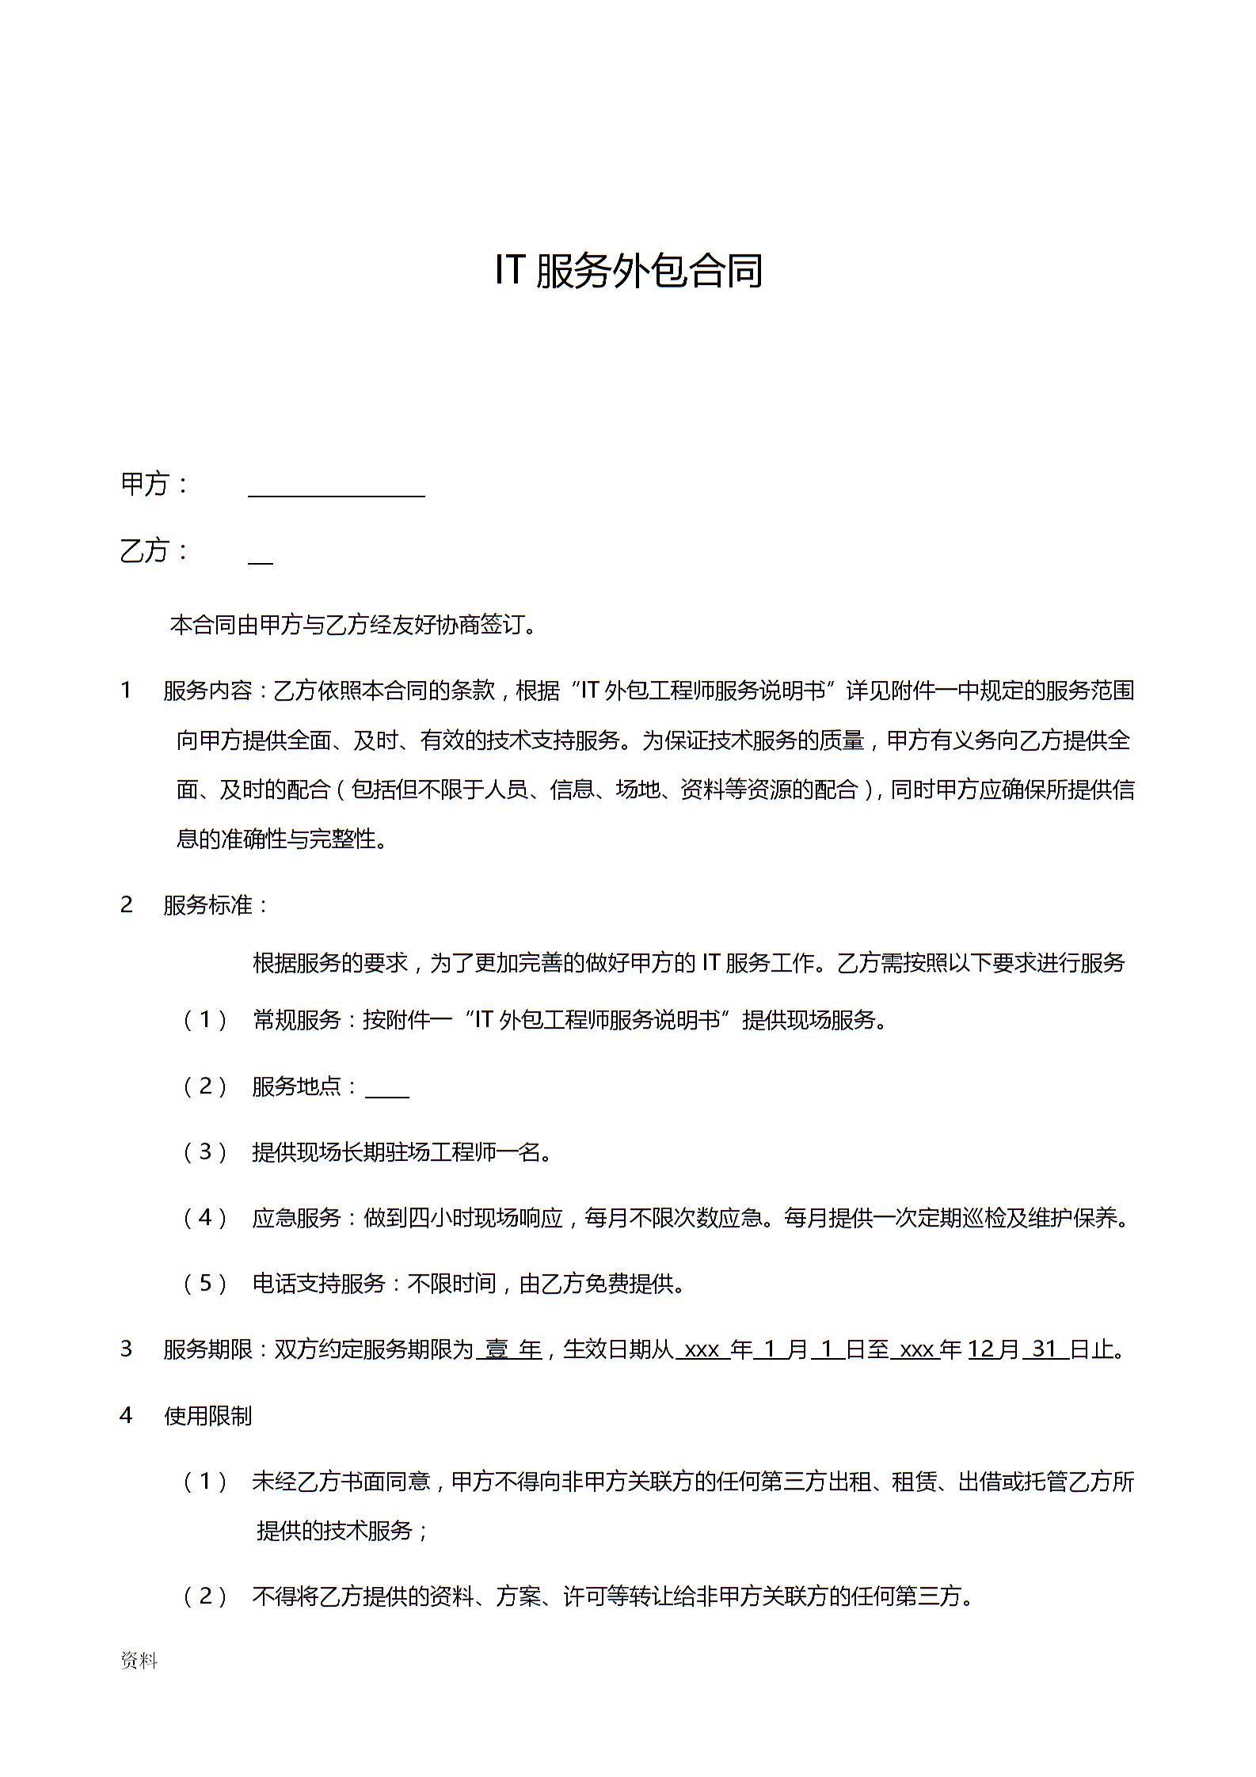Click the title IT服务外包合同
click(x=628, y=271)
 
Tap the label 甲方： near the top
click(x=155, y=484)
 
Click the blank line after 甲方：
click(x=337, y=493)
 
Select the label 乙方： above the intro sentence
click(x=155, y=550)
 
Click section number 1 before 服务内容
click(x=126, y=691)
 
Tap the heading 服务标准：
click(x=216, y=904)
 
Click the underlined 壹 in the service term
click(x=497, y=1349)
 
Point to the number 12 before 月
click(x=980, y=1349)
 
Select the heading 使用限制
click(x=207, y=1416)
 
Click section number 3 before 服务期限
click(x=126, y=1349)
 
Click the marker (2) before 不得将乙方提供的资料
click(x=205, y=1596)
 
